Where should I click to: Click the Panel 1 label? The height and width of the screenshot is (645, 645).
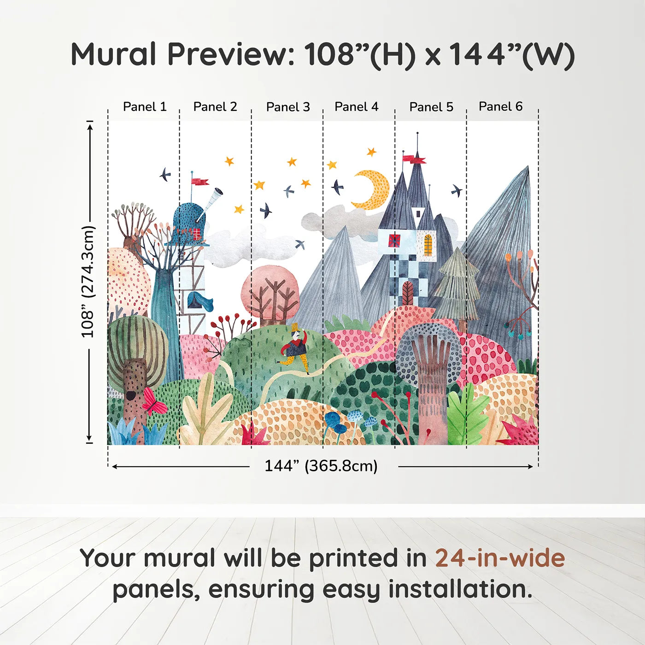pyautogui.click(x=144, y=107)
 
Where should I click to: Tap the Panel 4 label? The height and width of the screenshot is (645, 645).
pyautogui.click(x=356, y=107)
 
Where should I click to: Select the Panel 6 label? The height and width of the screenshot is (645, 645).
pyautogui.click(x=500, y=107)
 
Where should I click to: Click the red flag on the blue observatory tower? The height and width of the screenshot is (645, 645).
pyautogui.click(x=199, y=181)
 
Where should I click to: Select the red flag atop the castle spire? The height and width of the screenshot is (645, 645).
pyautogui.click(x=413, y=159)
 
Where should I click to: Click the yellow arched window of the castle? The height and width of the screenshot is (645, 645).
pyautogui.click(x=428, y=245)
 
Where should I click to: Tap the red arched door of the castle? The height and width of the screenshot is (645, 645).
pyautogui.click(x=408, y=293)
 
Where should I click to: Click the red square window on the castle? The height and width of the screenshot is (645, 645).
pyautogui.click(x=395, y=240)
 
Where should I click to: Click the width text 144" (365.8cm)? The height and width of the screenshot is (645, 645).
pyautogui.click(x=321, y=466)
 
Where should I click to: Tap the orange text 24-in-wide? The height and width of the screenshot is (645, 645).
pyautogui.click(x=499, y=558)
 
